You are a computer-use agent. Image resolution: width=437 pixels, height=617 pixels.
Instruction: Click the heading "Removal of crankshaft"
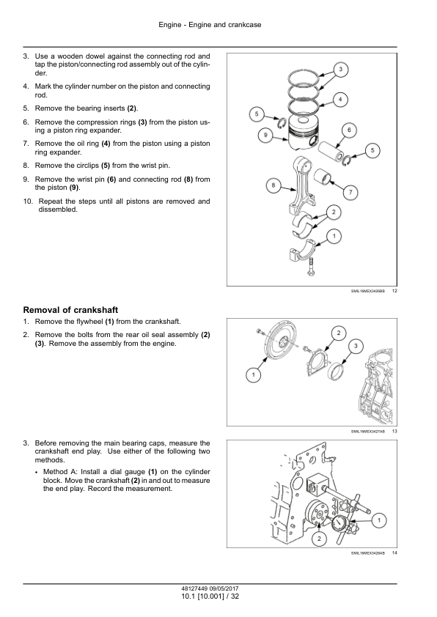coord(70,310)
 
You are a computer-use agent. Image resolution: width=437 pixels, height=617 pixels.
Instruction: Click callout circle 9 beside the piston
coord(265,136)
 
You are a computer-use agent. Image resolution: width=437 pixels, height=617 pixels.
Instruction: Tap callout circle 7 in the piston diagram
coord(350,193)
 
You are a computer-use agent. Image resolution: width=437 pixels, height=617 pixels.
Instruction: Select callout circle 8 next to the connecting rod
coord(273,185)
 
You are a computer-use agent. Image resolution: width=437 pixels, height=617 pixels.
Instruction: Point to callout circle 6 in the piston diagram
coord(349,130)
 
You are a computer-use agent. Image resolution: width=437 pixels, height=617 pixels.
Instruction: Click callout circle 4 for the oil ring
coord(340,99)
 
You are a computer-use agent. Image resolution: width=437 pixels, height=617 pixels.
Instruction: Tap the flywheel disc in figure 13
coord(279,345)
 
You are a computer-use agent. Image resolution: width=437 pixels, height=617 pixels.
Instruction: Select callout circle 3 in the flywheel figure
coord(356,346)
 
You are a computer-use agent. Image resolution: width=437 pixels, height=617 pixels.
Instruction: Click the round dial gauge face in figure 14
coord(339,525)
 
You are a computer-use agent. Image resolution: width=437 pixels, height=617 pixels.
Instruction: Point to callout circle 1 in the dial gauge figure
coord(379,520)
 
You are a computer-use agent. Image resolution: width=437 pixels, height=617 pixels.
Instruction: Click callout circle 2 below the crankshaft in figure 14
coord(319,539)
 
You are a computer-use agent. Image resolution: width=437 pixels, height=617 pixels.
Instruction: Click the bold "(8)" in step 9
coord(188,180)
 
